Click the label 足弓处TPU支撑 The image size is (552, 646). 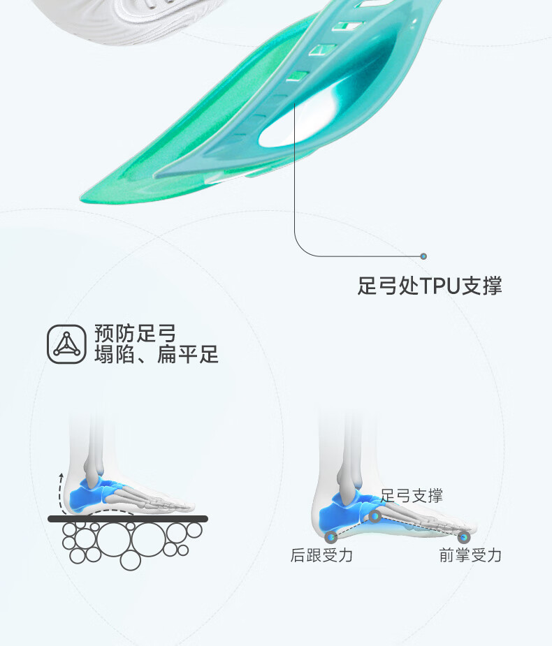[x=430, y=286]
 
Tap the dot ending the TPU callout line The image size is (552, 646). [x=423, y=256]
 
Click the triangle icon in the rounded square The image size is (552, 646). [x=67, y=344]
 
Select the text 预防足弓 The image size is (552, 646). [x=136, y=333]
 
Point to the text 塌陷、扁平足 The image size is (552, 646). [x=157, y=354]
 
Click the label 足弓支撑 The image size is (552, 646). [x=412, y=496]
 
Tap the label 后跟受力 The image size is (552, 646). [x=321, y=555]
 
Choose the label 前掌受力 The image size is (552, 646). [x=470, y=555]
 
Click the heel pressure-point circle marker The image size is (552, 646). [x=331, y=537]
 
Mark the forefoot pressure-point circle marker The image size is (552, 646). [x=464, y=537]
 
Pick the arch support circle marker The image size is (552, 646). [x=375, y=516]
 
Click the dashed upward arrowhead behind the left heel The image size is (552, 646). [x=61, y=476]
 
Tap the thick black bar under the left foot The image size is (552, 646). [x=128, y=519]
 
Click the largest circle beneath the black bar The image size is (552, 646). [x=114, y=538]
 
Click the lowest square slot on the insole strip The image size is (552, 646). [x=298, y=76]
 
